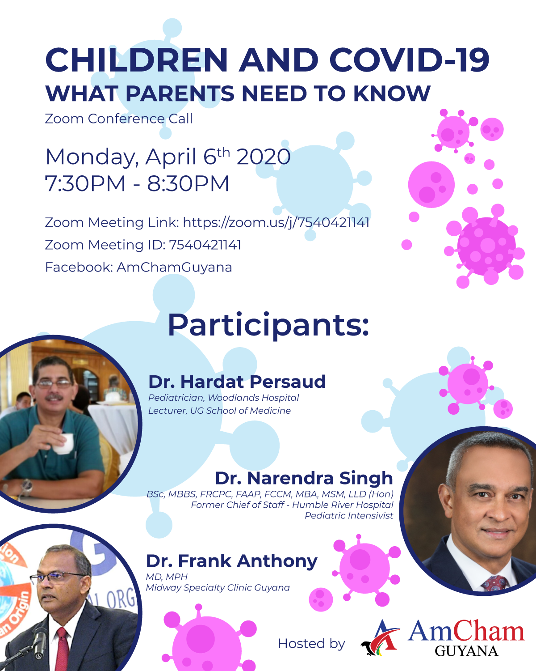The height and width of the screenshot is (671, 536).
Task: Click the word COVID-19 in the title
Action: [x=409, y=60]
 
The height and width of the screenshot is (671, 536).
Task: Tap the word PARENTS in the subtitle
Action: [x=180, y=94]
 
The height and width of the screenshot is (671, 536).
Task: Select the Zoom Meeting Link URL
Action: [x=276, y=222]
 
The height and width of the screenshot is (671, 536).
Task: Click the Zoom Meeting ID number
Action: [x=205, y=245]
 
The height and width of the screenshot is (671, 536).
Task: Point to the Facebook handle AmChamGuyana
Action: [x=174, y=267]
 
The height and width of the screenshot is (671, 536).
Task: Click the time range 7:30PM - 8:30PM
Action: [x=137, y=184]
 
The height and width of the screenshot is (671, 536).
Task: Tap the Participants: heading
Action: [x=268, y=325]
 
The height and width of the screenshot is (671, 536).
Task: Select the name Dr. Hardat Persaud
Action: [x=237, y=382]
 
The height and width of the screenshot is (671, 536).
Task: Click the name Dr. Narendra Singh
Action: [x=304, y=478]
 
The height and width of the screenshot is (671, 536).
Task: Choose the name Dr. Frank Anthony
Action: [x=231, y=561]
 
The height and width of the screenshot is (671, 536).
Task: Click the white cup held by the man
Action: [x=64, y=443]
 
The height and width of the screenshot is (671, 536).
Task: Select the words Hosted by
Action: [x=311, y=644]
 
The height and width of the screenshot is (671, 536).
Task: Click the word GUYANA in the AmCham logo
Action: [x=466, y=651]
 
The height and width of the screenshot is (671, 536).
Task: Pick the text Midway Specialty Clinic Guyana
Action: [x=218, y=588]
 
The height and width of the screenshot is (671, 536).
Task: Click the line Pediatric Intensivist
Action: [x=349, y=516]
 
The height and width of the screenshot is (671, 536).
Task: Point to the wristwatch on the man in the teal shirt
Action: [x=27, y=486]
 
